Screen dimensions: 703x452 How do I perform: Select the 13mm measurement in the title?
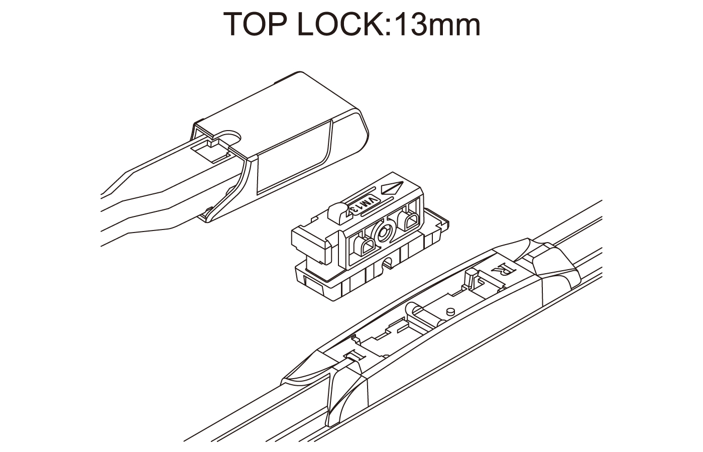pos(437,25)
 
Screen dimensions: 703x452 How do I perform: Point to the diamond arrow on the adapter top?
pos(392,188)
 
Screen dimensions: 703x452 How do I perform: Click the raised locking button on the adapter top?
pos(337,212)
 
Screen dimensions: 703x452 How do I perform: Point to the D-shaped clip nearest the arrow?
pos(410,221)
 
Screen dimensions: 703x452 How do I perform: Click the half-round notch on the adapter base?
pos(388,264)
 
